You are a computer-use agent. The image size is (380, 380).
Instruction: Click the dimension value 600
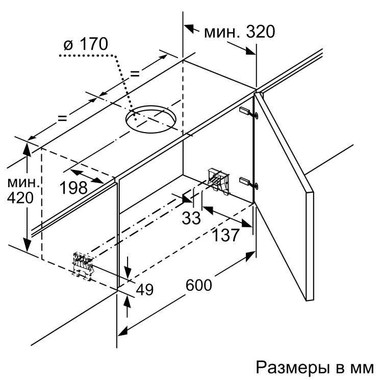point(199,285)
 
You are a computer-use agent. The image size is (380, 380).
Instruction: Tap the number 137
point(225,235)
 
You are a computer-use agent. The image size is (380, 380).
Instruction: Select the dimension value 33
point(191,218)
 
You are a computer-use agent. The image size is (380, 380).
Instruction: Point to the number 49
point(145,289)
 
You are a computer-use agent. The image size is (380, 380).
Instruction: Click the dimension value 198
point(73,188)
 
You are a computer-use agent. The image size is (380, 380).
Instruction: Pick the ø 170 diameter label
point(86,44)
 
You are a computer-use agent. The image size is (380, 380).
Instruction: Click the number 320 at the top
point(261,32)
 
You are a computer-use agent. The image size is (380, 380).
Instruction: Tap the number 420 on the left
point(20,198)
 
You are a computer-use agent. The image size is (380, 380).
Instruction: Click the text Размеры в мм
point(315,368)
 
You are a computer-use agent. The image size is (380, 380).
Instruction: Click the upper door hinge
point(248,112)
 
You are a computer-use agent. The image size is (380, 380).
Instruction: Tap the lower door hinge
point(248,183)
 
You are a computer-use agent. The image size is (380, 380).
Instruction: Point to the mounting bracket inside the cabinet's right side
point(218,181)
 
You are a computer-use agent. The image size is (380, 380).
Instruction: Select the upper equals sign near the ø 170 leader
point(135,73)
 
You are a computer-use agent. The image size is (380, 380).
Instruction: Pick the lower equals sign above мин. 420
point(62,118)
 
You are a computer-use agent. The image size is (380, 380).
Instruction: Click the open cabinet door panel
point(284,194)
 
